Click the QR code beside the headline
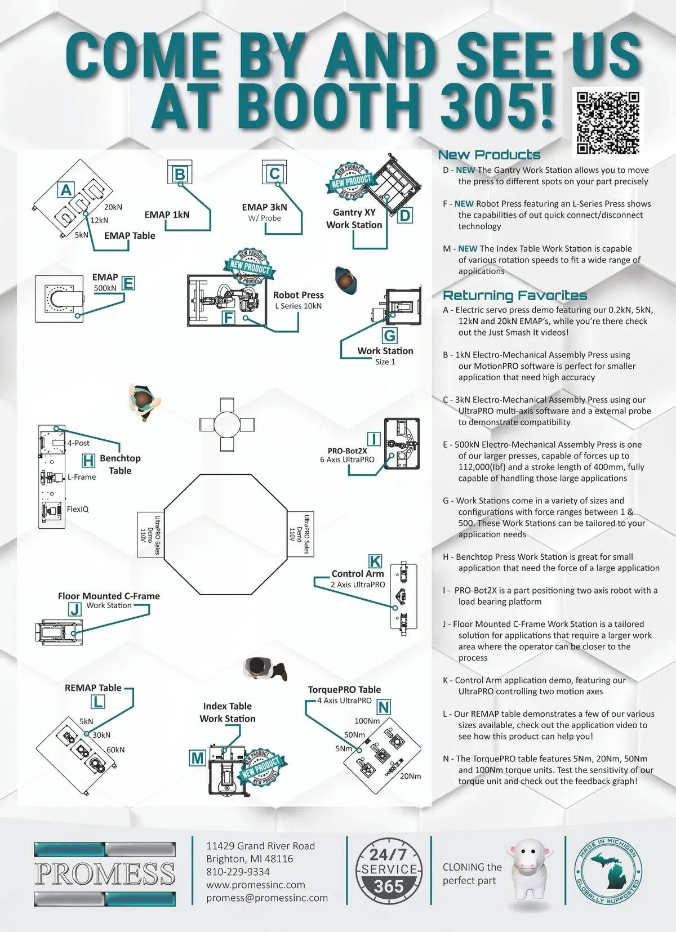pos(608,123)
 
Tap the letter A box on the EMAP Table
pos(66,190)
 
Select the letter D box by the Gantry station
pos(404,215)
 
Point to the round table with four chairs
pos(226,424)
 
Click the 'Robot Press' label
pos(298,295)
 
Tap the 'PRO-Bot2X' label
pos(347,451)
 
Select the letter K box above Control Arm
pos(375,561)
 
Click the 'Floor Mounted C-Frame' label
pos(109,596)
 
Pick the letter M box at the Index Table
pos(197,758)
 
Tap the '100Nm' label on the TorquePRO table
pos(367,721)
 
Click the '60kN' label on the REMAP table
pos(115,750)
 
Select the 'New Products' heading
pos(489,155)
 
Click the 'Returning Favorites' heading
pos(514,295)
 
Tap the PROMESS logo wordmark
pos(105,873)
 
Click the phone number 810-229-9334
pos(238,872)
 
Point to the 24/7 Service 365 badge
pos(389,870)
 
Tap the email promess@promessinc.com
pos(266,898)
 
